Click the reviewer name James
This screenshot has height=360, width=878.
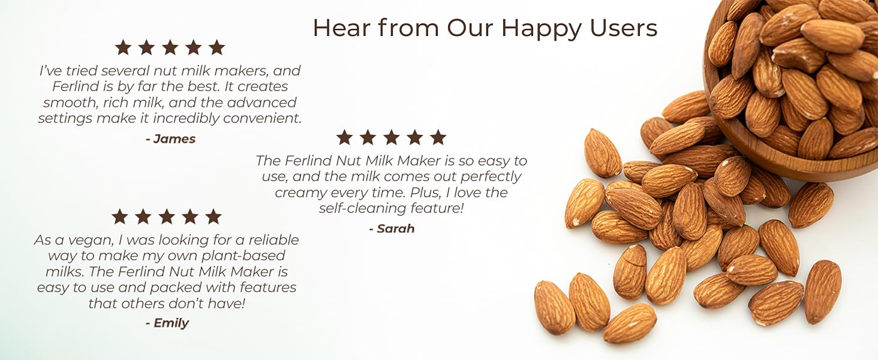point(174,139)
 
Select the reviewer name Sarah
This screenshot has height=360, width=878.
point(395,229)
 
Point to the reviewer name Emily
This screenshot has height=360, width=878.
point(171,323)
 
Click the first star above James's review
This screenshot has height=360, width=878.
point(123,47)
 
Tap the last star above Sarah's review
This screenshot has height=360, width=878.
point(438,137)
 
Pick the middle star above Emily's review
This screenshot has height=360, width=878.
point(166,217)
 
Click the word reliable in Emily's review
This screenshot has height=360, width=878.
point(274,240)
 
